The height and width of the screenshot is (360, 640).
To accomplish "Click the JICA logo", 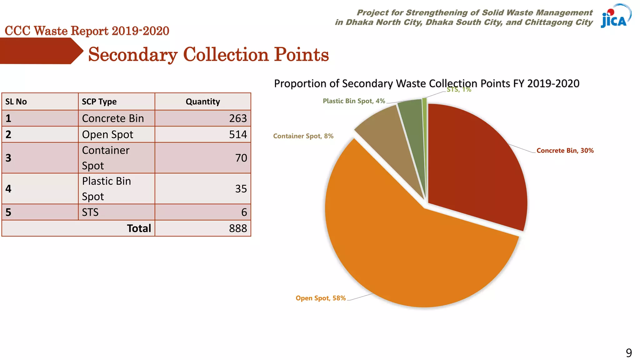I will [615, 16].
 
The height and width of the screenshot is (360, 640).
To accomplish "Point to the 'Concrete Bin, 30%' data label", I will [565, 151].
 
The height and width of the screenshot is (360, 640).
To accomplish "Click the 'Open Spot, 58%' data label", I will [321, 298].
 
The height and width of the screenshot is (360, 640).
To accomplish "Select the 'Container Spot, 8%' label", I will [303, 136].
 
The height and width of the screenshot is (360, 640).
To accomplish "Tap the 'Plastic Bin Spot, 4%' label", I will [354, 101].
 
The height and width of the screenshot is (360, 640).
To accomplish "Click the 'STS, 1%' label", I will [459, 90].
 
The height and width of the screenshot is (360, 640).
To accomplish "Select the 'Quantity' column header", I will [203, 102].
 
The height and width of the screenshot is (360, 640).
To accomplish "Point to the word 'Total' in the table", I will [139, 228].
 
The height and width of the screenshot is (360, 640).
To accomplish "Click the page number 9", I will [629, 353].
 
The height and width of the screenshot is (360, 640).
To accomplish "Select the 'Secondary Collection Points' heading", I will [208, 55].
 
